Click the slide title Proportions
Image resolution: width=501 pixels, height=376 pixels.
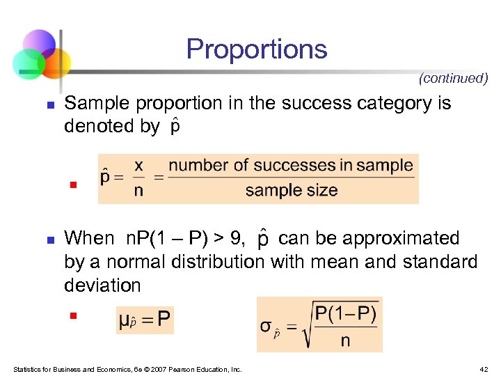coord(257,49)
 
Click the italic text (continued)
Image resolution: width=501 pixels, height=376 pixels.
coord(453,79)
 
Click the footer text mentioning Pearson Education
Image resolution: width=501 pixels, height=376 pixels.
coord(127,369)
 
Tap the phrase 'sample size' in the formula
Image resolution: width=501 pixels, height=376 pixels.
coord(292,190)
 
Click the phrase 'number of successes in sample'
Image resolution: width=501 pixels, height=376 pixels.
coord(291,166)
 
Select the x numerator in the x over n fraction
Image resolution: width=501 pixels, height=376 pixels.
coord(138,165)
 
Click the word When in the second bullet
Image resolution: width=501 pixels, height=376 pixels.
coord(89,239)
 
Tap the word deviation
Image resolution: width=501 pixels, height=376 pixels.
coord(102,285)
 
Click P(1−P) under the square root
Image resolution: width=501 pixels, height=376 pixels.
coord(346,313)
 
